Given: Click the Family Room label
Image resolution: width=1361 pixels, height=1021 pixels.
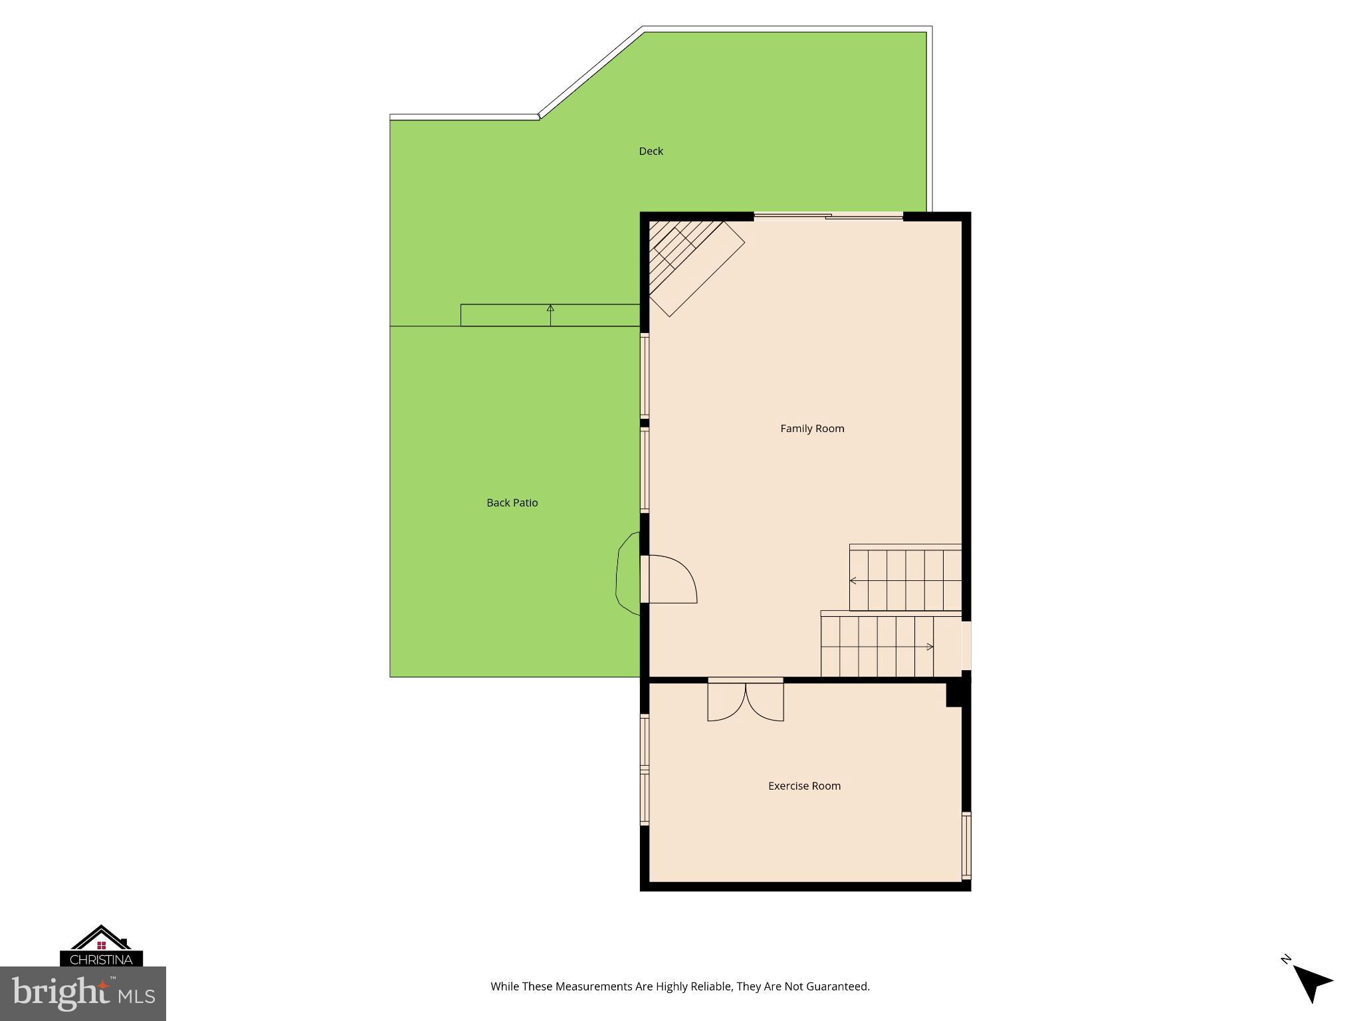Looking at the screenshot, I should coord(812,429).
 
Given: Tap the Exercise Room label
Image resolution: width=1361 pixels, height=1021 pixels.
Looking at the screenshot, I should coord(804,786).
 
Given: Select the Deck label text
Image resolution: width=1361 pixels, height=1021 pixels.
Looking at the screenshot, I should coord(651,152).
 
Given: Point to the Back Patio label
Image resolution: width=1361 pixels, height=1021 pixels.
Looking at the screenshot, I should coord(512,503).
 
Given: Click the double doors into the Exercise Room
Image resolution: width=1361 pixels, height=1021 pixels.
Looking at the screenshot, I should coord(745,701).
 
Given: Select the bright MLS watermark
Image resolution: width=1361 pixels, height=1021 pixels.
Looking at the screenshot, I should coord(83,994).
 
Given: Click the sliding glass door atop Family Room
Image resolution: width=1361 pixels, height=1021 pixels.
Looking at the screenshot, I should coord(828,216).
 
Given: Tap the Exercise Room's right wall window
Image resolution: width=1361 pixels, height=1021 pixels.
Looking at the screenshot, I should coord(966,846).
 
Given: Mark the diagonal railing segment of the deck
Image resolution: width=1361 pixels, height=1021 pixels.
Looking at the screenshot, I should coord(590,73).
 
